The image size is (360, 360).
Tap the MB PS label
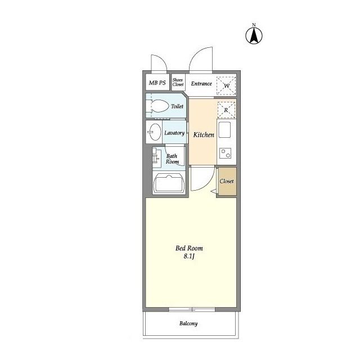[x=157, y=83]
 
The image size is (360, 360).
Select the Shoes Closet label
[x=178, y=82]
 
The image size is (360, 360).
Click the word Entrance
[x=201, y=84]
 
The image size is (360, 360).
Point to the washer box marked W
[x=226, y=85]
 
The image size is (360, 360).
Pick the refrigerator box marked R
[x=226, y=110]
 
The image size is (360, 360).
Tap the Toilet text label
[x=177, y=106]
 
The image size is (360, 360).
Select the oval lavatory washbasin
[x=154, y=132]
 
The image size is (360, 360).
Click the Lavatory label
[x=174, y=133]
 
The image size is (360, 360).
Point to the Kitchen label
[x=204, y=135]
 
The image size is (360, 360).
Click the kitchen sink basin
[x=224, y=130]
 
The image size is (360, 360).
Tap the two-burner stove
[x=225, y=154]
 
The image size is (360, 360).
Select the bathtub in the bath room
[x=169, y=183]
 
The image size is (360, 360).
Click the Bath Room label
[x=172, y=159]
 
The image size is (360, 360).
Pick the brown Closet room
[x=227, y=181]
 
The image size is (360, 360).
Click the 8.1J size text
[x=189, y=256]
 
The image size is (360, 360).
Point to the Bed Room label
[x=189, y=248]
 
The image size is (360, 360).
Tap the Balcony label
[x=188, y=323]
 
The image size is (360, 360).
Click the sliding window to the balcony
[x=192, y=309]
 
